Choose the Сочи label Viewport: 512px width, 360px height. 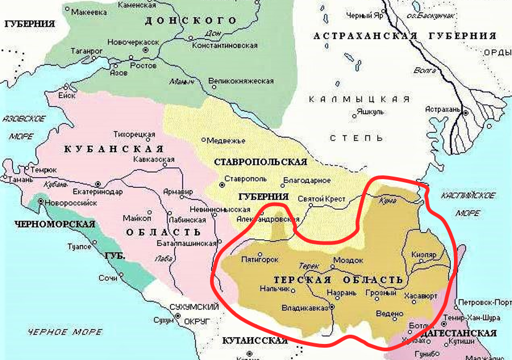108,278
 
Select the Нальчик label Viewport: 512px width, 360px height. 273,288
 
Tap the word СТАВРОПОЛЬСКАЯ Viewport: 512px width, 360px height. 260,162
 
